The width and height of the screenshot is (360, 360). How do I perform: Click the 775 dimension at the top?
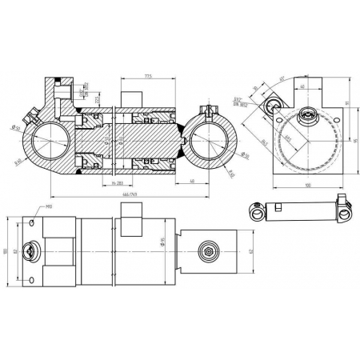pos(148,77)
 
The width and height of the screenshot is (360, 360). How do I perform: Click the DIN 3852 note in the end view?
pos(238,105)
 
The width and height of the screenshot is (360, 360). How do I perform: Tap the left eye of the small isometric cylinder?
pos(257,212)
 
